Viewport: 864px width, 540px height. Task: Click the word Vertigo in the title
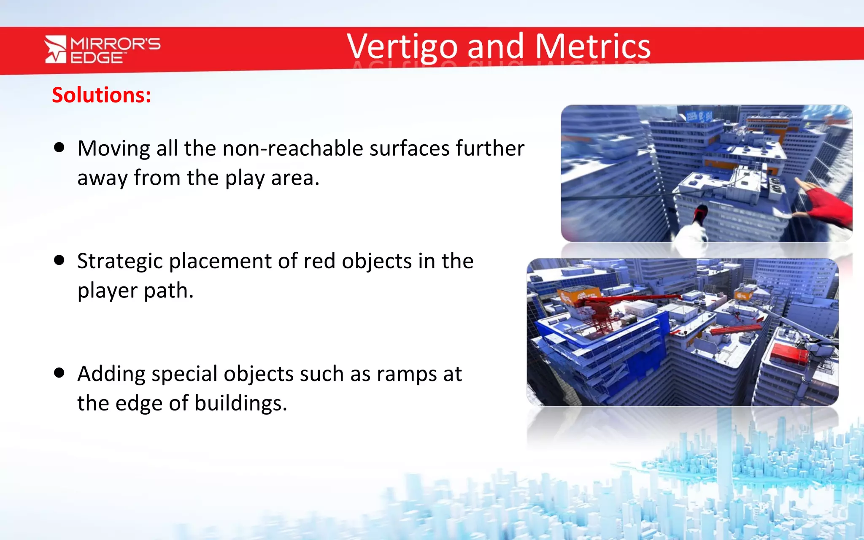pyautogui.click(x=402, y=47)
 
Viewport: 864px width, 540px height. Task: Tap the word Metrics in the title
pyautogui.click(x=593, y=46)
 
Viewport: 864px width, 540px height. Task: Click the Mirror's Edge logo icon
pyautogui.click(x=56, y=49)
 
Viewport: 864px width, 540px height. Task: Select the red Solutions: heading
pyautogui.click(x=101, y=95)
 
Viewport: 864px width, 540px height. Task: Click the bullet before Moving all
pyautogui.click(x=59, y=147)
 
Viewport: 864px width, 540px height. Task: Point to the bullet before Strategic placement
pyautogui.click(x=59, y=260)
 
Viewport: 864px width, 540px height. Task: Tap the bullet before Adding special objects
pyautogui.click(x=59, y=373)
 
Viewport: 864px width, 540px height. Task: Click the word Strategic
pyautogui.click(x=120, y=262)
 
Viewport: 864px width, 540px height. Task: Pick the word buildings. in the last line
pyautogui.click(x=240, y=403)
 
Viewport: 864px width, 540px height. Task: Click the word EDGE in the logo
pyautogui.click(x=96, y=58)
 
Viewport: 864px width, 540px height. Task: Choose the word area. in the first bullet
pyautogui.click(x=295, y=178)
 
